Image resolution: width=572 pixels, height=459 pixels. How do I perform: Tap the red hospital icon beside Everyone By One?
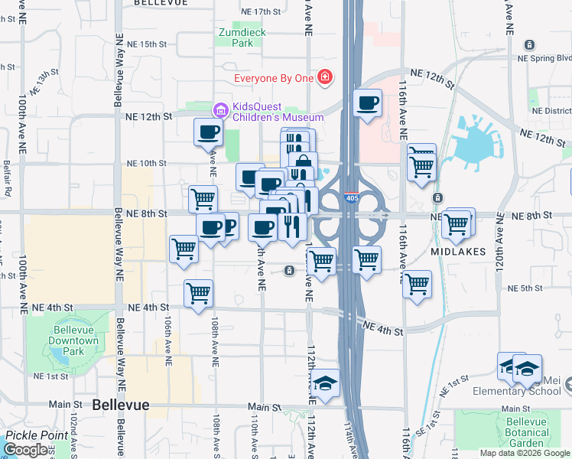click(x=325, y=78)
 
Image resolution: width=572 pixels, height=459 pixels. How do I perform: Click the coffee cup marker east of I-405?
click(x=368, y=103)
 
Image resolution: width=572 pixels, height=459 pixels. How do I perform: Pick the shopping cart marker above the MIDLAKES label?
click(x=457, y=224)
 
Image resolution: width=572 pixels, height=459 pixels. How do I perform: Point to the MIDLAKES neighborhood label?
click(x=458, y=251)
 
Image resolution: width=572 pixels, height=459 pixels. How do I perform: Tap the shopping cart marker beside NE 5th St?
click(x=417, y=285)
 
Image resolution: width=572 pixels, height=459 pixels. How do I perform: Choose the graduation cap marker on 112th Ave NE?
click(x=325, y=384)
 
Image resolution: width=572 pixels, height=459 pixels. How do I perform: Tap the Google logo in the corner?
click(x=26, y=450)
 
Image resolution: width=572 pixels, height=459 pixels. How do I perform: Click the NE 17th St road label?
click(x=261, y=12)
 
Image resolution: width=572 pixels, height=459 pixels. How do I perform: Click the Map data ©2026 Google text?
click(x=525, y=453)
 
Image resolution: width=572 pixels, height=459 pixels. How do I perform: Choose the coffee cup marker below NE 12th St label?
click(x=208, y=132)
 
